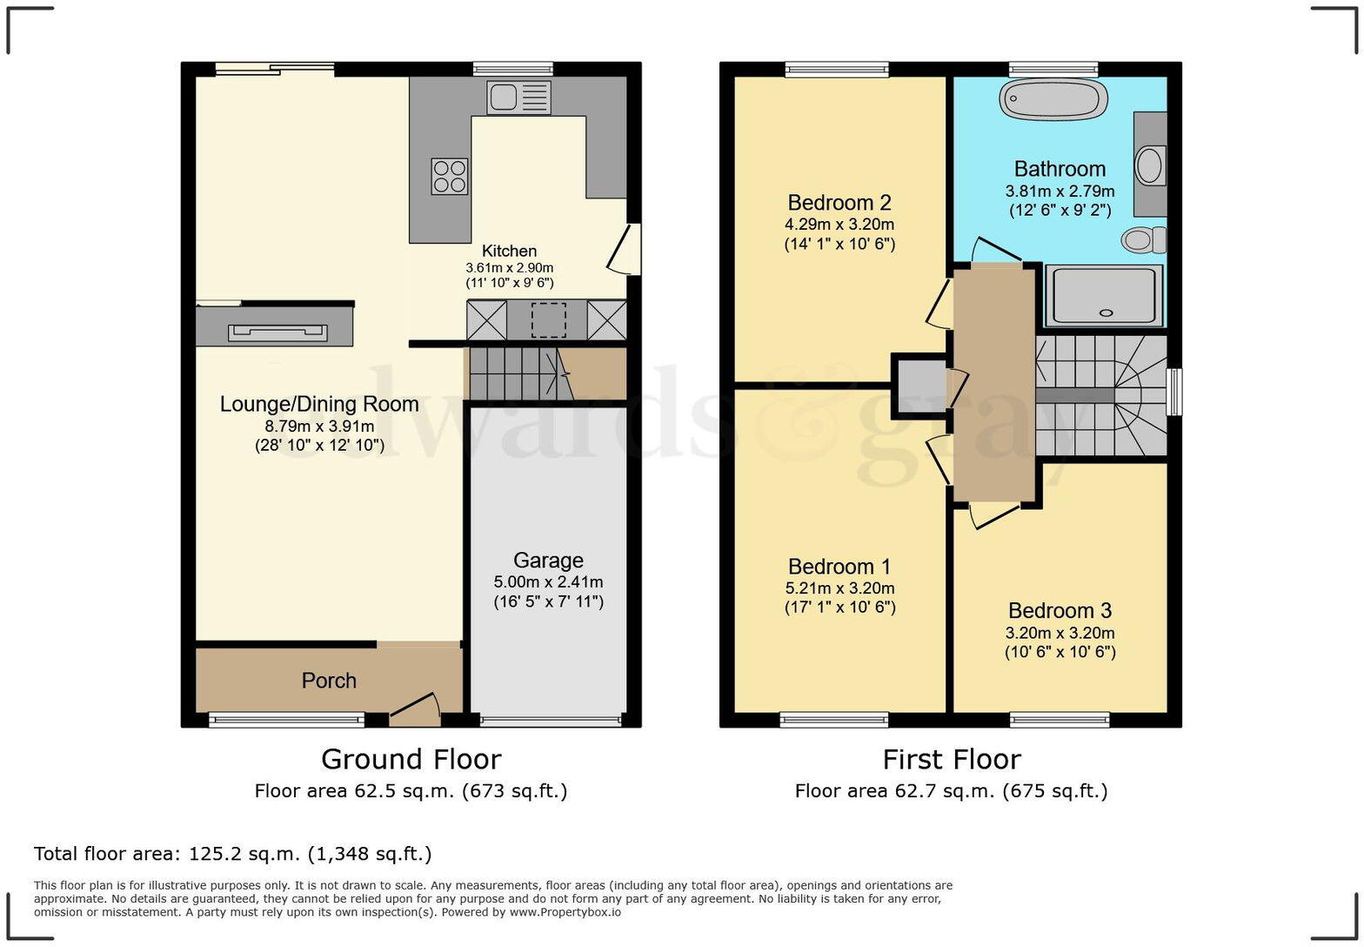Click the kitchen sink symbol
518,97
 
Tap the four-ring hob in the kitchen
450,176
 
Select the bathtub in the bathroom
1053,99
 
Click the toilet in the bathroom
1144,239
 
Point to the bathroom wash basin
1149,165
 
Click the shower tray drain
1106,313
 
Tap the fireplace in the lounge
277,332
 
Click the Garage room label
548,560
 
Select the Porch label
329,680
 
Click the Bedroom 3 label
1060,610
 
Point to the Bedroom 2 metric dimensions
839,225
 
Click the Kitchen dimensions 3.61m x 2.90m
510,267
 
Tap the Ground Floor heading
411,759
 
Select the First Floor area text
951,791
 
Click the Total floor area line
232,854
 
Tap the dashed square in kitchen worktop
549,320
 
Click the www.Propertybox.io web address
565,912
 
